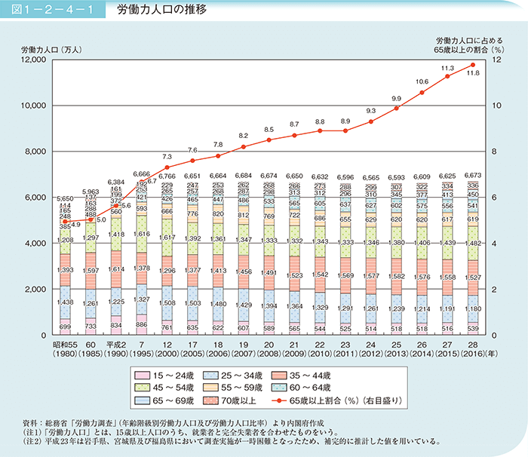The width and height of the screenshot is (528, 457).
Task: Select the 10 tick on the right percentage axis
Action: point(497,106)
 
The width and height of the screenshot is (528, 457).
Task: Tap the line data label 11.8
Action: point(474,74)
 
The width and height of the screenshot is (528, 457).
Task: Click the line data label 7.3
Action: point(168,156)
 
